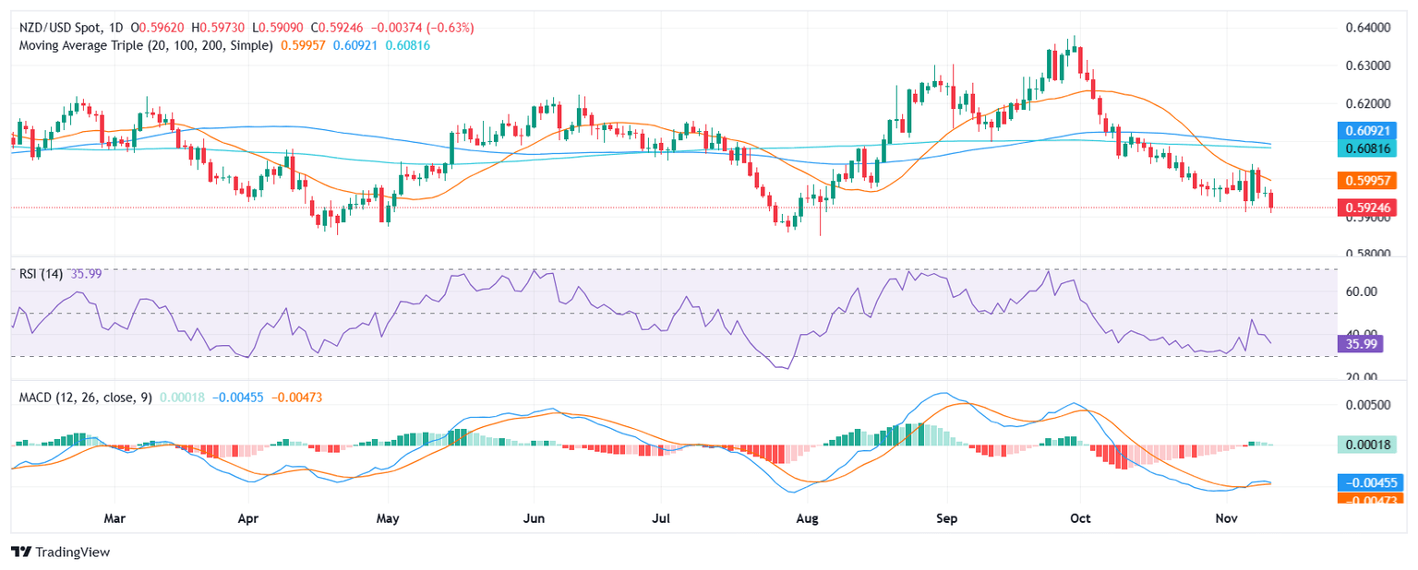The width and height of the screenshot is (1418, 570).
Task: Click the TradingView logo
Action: pyautogui.click(x=60, y=552)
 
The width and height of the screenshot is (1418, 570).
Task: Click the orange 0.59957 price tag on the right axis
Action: pyautogui.click(x=1369, y=180)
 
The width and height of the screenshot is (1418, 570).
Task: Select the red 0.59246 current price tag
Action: pyautogui.click(x=1369, y=208)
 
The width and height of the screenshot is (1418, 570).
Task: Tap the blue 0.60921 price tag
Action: pyautogui.click(x=1369, y=130)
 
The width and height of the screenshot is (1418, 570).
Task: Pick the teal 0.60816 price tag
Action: pyautogui.click(x=1369, y=148)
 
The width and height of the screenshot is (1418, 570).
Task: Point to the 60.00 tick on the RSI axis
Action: pyautogui.click(x=1356, y=291)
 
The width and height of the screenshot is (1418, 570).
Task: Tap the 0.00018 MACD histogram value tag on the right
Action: pyautogui.click(x=1369, y=445)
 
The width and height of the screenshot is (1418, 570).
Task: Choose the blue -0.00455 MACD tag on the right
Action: pyautogui.click(x=1369, y=481)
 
